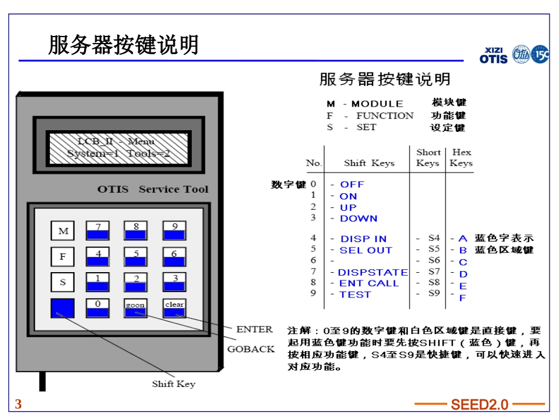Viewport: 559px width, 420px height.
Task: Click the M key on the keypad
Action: (63, 232)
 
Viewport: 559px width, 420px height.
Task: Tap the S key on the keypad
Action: (63, 283)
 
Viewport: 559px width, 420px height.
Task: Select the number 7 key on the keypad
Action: (98, 232)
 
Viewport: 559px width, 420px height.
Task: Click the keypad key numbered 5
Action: (136, 257)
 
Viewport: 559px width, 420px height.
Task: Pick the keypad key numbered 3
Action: (174, 283)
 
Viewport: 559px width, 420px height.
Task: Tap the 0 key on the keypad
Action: (98, 308)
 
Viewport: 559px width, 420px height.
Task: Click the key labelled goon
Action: (135, 308)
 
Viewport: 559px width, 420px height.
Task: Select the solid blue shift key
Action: (63, 308)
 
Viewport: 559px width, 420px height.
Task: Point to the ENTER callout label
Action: (254, 329)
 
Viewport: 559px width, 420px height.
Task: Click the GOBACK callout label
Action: (251, 349)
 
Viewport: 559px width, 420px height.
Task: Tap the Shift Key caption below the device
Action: (174, 384)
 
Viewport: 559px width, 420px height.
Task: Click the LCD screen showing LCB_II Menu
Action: (118, 147)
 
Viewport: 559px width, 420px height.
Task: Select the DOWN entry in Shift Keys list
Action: (358, 219)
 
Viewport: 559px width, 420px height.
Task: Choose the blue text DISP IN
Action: (363, 239)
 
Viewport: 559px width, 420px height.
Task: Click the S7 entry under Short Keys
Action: (434, 272)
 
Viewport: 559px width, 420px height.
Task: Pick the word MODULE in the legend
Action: (377, 104)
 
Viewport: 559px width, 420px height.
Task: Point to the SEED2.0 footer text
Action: (480, 405)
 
